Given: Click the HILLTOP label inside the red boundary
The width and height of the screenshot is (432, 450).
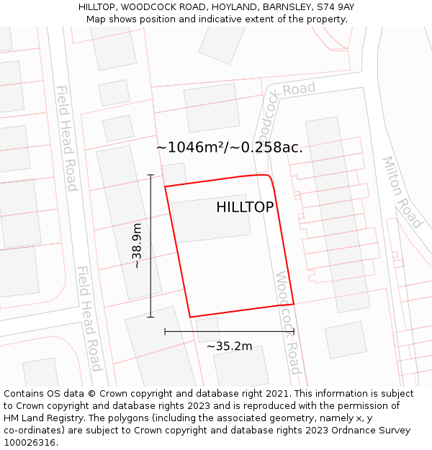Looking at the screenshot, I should pos(245,207).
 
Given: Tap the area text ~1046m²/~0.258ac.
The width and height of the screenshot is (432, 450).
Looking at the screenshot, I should pos(229,148).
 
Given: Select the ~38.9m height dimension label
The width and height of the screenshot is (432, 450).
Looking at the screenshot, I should pos(137,246).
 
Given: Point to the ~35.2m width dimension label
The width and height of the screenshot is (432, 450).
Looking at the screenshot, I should pos(229,346).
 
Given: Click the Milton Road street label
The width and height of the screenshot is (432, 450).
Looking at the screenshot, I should pos(402,192).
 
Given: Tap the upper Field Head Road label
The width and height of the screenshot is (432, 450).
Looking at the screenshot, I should pos(66,138).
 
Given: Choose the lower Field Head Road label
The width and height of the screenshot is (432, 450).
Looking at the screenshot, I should pos(88,318).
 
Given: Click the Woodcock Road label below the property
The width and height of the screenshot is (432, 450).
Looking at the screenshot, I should pos(287,322).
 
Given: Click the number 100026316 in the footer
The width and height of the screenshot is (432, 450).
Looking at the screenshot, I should pos(28,442).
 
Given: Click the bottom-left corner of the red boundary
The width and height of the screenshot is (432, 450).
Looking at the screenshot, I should pos(190,317).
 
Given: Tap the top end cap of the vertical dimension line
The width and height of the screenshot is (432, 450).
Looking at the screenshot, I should pos(150,174).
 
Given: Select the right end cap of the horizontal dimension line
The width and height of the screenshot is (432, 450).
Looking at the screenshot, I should pos(294,331).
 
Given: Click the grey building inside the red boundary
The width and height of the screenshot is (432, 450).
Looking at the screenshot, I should pos(211,217).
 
